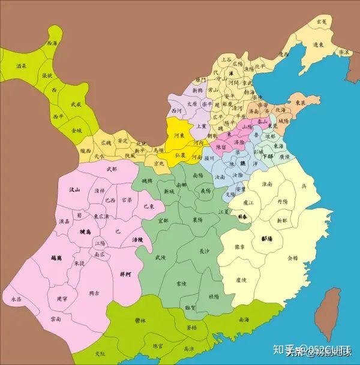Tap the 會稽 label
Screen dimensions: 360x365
coord(292,258)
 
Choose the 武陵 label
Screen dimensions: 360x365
coord(160,257)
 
